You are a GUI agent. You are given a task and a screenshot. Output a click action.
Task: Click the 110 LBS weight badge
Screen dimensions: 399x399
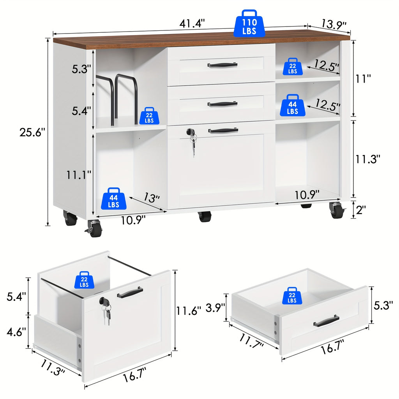(249, 24)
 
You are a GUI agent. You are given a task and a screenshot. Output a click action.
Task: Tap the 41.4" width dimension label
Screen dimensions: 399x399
(192, 24)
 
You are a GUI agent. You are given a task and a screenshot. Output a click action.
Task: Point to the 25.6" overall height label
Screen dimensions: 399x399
(33, 132)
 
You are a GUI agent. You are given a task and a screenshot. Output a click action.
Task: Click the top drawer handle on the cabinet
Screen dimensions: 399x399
(222, 65)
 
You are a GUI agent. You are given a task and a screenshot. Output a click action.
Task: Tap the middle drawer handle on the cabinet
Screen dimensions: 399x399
(222, 104)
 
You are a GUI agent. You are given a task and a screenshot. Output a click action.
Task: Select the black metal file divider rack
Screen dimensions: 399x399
(117, 97)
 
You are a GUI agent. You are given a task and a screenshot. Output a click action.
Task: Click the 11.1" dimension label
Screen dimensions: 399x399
(78, 175)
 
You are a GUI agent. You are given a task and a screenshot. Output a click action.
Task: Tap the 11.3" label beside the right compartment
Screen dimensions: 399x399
(367, 159)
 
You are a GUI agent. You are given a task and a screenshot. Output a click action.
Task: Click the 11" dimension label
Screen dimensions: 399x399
(363, 79)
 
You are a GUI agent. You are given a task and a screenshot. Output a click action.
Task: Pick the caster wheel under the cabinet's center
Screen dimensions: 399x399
(205, 216)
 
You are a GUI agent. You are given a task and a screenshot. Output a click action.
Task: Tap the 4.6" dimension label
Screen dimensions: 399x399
(16, 332)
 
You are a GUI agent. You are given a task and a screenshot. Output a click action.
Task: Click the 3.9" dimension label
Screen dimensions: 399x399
(215, 308)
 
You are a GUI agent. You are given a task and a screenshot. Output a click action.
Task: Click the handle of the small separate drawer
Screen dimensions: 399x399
(326, 321)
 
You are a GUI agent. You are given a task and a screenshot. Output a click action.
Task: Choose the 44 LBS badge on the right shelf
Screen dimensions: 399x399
(292, 105)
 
